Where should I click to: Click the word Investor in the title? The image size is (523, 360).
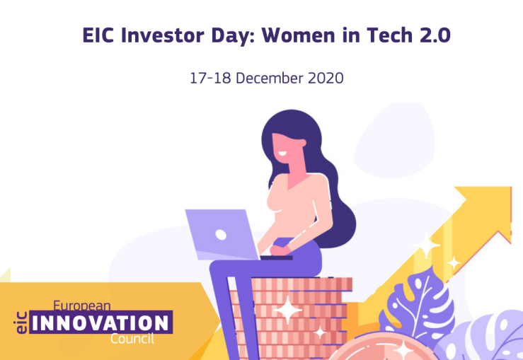click(x=163, y=35)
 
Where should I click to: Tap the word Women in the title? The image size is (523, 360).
click(x=298, y=35)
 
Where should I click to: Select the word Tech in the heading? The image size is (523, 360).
click(x=389, y=35)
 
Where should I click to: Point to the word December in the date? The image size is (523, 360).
click(x=270, y=79)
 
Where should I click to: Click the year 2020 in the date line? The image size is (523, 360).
click(x=326, y=79)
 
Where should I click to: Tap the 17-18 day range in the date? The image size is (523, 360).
click(x=210, y=79)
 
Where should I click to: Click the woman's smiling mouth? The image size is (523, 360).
click(x=282, y=154)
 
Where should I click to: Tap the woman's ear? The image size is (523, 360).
click(x=302, y=143)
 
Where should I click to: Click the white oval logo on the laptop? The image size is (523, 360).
click(x=221, y=235)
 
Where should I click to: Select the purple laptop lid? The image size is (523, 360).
click(x=222, y=234)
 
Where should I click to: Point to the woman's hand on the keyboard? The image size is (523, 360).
click(x=280, y=250)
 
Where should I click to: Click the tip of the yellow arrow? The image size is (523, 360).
click(x=511, y=187)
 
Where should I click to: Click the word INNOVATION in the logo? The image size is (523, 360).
click(x=100, y=323)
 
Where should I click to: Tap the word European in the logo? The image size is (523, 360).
click(x=81, y=306)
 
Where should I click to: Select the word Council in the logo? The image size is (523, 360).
click(x=132, y=339)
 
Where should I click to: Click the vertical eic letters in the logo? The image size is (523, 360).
click(x=21, y=323)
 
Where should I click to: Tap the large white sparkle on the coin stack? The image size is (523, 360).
click(x=287, y=310)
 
